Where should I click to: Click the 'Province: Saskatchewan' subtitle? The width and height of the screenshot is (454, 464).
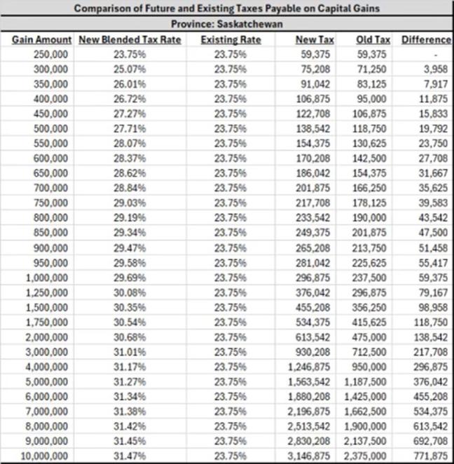click(x=226, y=25)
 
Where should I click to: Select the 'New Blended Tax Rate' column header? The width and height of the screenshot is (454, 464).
click(x=130, y=40)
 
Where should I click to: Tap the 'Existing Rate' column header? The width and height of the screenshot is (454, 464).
click(x=231, y=40)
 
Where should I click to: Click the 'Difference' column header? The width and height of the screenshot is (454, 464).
click(x=425, y=40)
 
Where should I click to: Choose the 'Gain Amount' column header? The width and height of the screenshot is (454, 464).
click(x=41, y=40)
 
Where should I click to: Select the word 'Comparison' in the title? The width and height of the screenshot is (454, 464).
click(x=100, y=9)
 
